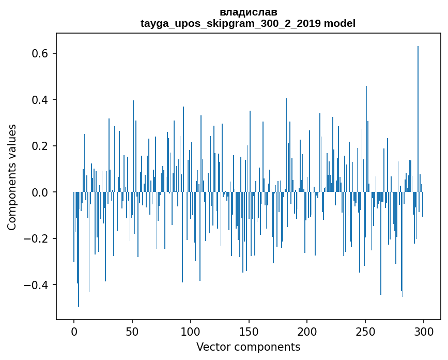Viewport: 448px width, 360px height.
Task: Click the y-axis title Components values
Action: click(12, 177)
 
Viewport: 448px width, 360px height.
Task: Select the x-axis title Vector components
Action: click(248, 347)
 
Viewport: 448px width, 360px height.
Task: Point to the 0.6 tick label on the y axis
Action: click(41, 54)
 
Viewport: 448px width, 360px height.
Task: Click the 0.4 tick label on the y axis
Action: click(41, 100)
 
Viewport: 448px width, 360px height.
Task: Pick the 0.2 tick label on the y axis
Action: click(41, 146)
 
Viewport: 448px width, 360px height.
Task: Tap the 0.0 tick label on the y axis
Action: click(41, 192)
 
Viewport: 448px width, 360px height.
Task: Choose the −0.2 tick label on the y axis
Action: click(37, 239)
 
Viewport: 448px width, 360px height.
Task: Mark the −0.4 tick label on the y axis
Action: click(37, 285)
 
